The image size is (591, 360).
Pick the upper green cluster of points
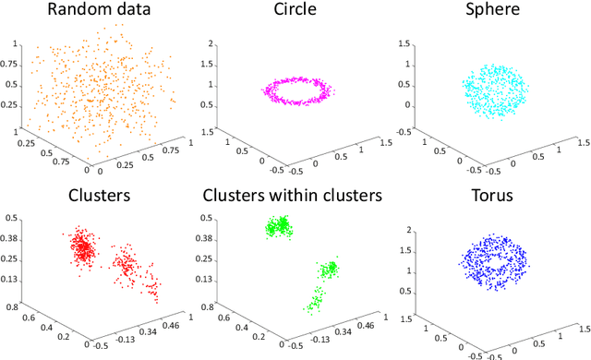coord(280,226)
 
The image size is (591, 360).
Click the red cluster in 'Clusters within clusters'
coord(329,270)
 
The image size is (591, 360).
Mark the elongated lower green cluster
coord(315,300)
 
